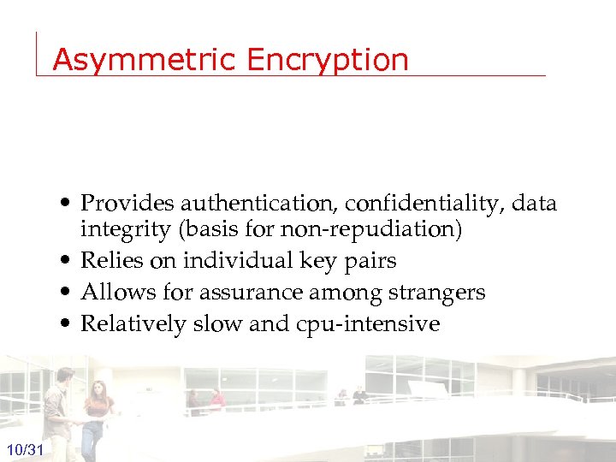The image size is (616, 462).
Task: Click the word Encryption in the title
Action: [328, 60]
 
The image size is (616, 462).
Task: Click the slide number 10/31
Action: [27, 449]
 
